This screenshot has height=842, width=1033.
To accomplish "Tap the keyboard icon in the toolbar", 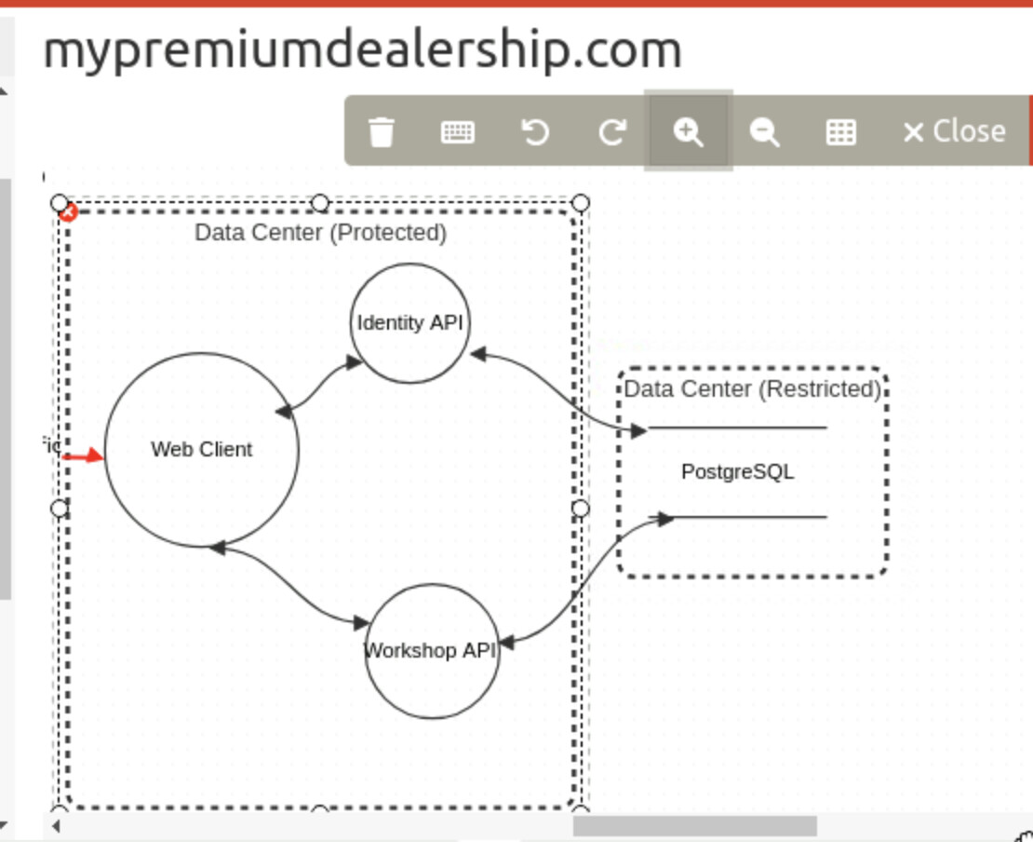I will click(x=457, y=131).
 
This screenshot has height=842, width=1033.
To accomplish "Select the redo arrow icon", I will click(x=611, y=131).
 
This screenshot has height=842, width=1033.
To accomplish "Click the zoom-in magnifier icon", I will click(x=688, y=131).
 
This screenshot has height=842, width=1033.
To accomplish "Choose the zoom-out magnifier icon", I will click(x=764, y=131).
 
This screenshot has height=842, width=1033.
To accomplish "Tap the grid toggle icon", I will click(x=841, y=131).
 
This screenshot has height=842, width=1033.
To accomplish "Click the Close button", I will click(x=955, y=131).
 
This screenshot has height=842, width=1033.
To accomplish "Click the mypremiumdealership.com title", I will click(x=362, y=50).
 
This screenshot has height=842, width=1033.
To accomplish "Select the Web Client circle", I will click(x=202, y=449).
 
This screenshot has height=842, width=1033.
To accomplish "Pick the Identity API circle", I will click(x=409, y=323).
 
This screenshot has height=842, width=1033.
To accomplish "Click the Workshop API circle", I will click(x=431, y=650).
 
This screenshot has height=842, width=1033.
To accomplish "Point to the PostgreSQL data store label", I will click(x=737, y=472).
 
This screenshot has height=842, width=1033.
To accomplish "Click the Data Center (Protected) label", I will click(x=320, y=232).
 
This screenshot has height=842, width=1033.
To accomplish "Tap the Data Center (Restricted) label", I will click(x=752, y=388).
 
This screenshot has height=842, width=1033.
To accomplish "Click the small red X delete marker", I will click(x=68, y=213).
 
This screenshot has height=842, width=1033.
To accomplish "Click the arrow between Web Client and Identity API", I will click(x=319, y=385).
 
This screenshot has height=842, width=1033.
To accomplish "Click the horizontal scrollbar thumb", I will click(x=694, y=826).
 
